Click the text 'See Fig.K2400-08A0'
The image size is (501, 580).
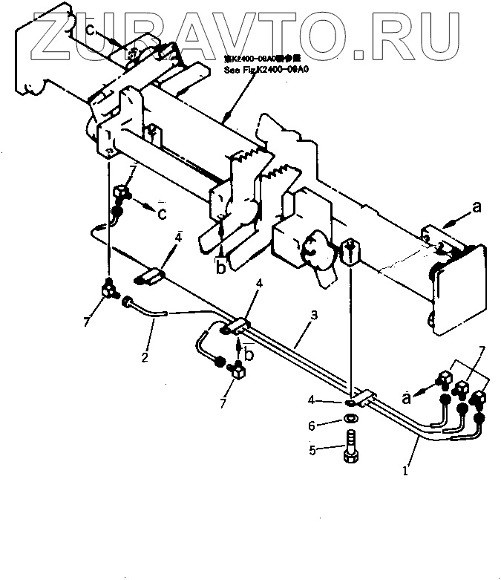(x=265, y=70)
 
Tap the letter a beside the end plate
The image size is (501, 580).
(x=477, y=209)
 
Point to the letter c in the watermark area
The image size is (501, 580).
(x=89, y=29)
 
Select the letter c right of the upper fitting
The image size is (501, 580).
(x=161, y=214)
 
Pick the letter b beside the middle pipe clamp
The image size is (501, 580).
(x=249, y=354)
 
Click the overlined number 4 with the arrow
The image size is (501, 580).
(x=178, y=239)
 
